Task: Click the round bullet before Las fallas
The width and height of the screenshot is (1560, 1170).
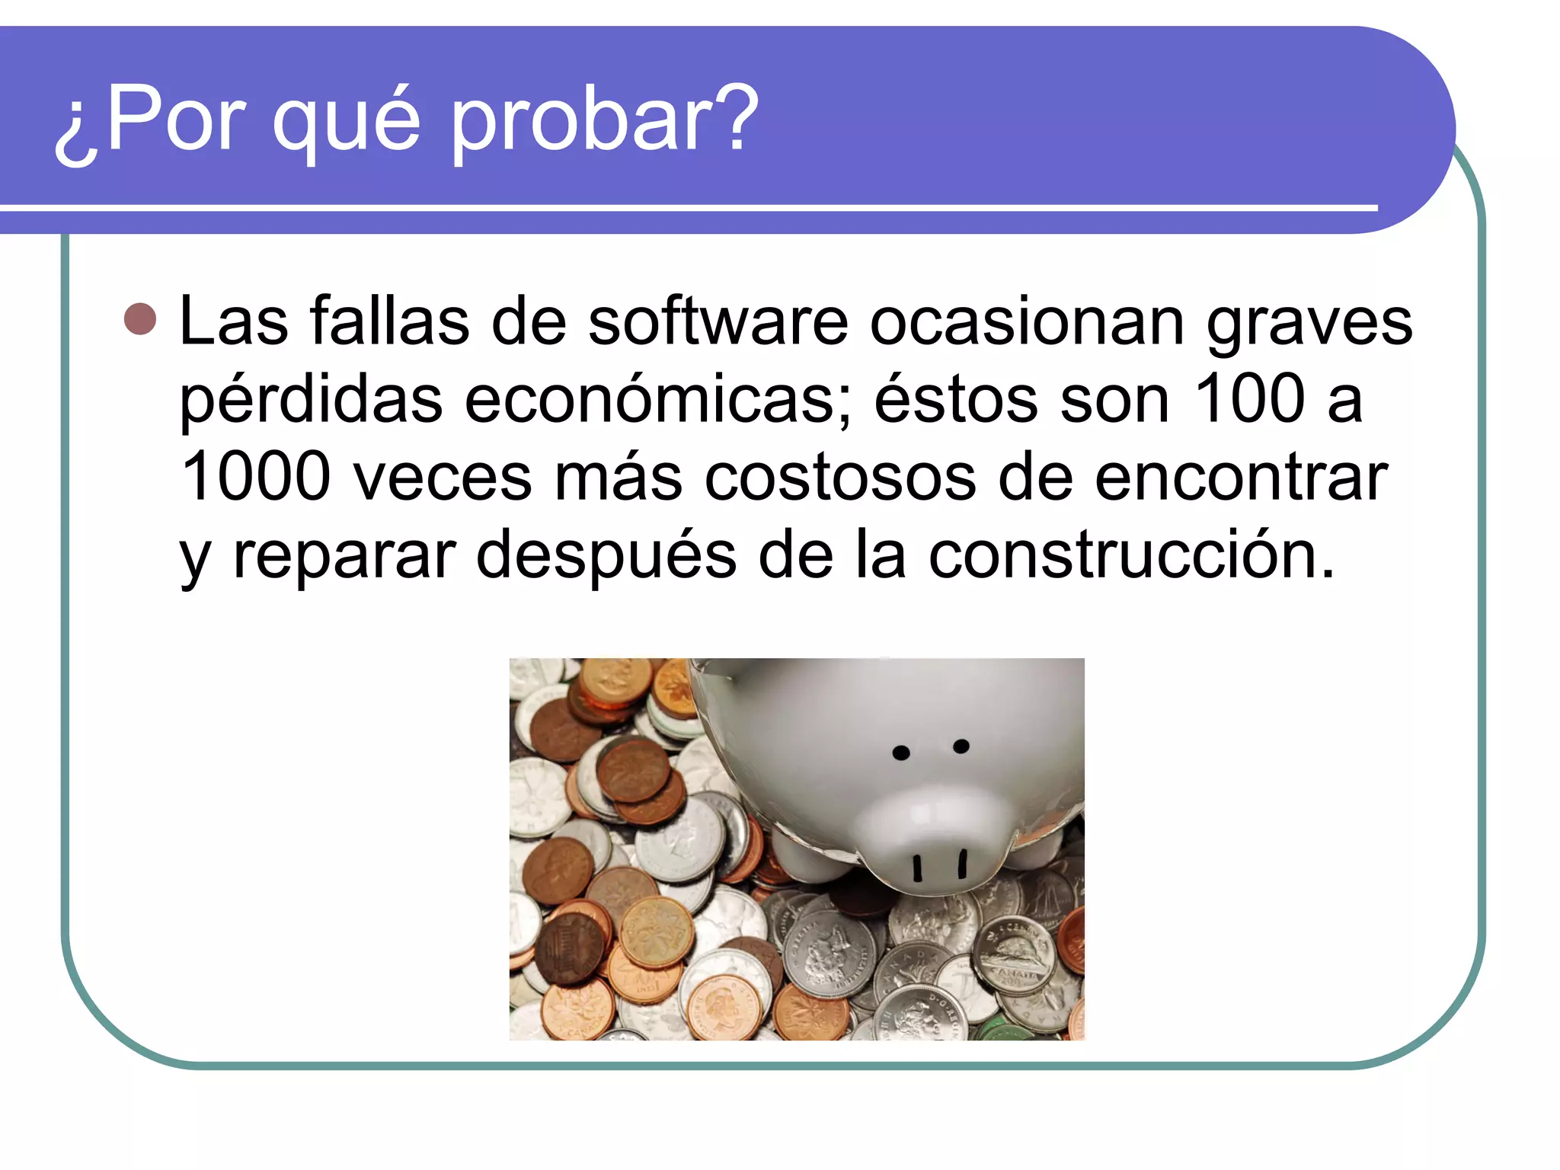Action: (x=140, y=319)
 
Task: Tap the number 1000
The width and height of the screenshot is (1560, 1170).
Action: (x=256, y=477)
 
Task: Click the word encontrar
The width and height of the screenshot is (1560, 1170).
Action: (x=1242, y=478)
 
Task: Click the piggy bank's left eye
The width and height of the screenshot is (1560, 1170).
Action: (x=901, y=753)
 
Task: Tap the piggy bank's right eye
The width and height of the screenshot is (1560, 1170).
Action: (x=961, y=746)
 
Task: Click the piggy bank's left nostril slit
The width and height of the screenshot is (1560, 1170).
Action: (x=918, y=868)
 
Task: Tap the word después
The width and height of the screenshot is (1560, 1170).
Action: (x=606, y=556)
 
